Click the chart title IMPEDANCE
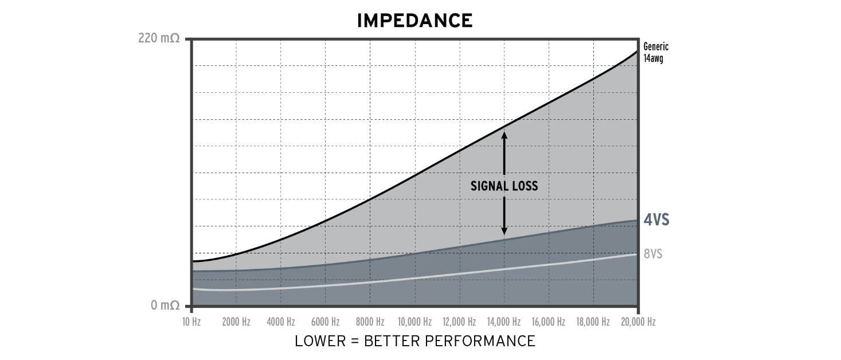coord(414,21)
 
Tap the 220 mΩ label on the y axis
coord(159,39)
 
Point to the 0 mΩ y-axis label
coord(165,306)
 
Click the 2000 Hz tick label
coord(236,322)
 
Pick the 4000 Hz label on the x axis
coord(281,322)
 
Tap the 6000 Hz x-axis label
coord(326,322)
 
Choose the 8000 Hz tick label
coord(370,322)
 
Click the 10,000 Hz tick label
coord(414,322)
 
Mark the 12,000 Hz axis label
coord(459,322)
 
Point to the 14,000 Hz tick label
coord(504,322)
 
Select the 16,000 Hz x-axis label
coord(549,322)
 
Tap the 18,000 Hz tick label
coord(593,322)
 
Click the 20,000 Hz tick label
coord(638,322)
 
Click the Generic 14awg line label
coord(656,53)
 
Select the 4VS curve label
coord(656,220)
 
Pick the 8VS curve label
coord(653,253)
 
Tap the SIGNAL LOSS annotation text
coord(504,186)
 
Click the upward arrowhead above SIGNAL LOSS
coord(504,136)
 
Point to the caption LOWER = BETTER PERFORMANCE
coord(415,341)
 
